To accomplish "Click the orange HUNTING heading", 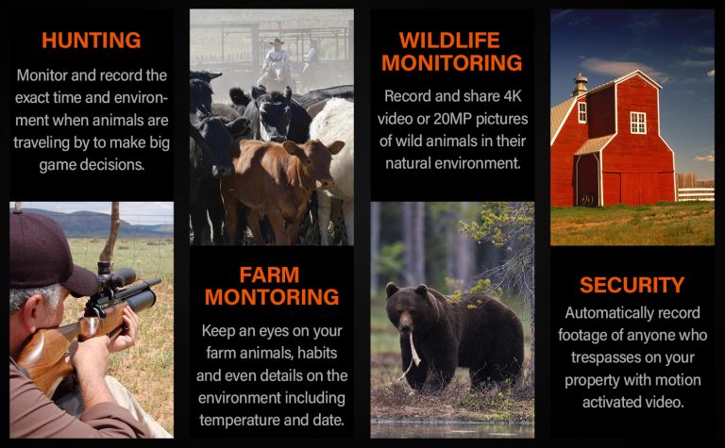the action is click(x=91, y=41).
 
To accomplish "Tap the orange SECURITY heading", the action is click(x=632, y=285).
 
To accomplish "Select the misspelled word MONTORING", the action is click(x=272, y=297).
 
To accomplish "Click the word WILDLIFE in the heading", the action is click(x=449, y=41).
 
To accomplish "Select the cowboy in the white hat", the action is click(x=277, y=63).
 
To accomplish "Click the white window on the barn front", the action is click(x=638, y=123).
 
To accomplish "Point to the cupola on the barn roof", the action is click(x=580, y=84).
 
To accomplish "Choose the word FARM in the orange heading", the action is click(x=269, y=275).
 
